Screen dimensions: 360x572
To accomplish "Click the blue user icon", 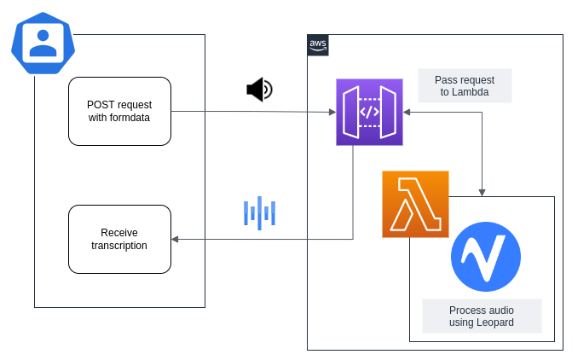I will point(43,43).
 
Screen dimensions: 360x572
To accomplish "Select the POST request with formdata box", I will point(119,111).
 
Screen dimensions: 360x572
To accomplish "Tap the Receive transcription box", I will point(119,239).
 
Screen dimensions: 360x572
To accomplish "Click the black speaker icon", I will point(259,90).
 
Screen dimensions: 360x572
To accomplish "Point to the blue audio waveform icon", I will point(260,213).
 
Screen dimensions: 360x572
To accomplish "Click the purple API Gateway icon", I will point(369,112).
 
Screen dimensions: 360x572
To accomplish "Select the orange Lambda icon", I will point(415,204).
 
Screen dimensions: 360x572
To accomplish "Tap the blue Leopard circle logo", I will point(486,257).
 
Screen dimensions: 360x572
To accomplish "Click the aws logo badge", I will point(318,44).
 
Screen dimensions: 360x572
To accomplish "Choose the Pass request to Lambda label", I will point(465,85).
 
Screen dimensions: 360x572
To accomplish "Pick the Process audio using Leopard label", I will point(482,316).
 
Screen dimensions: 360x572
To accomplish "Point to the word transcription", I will point(119,246).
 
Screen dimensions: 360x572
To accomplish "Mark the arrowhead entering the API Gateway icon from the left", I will point(332,112).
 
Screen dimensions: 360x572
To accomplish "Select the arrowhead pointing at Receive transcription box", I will point(175,240).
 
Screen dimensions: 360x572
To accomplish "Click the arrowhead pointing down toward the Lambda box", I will point(483,192).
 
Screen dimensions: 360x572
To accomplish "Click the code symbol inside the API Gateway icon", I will point(369,112).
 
